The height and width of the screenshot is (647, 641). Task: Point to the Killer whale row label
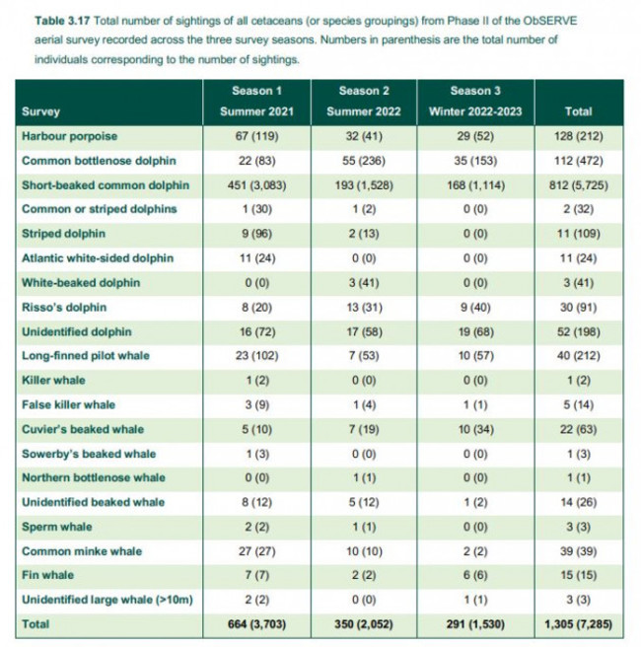coord(54,380)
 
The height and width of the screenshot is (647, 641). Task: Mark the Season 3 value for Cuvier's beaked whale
coord(479,429)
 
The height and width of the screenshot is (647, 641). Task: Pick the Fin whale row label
coord(48,575)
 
